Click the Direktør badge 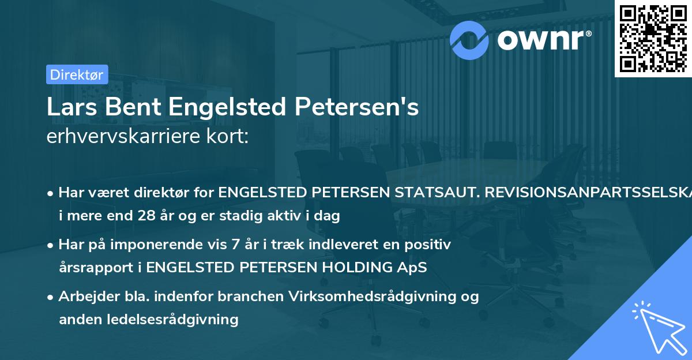[77, 74]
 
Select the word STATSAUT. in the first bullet [429, 193]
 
